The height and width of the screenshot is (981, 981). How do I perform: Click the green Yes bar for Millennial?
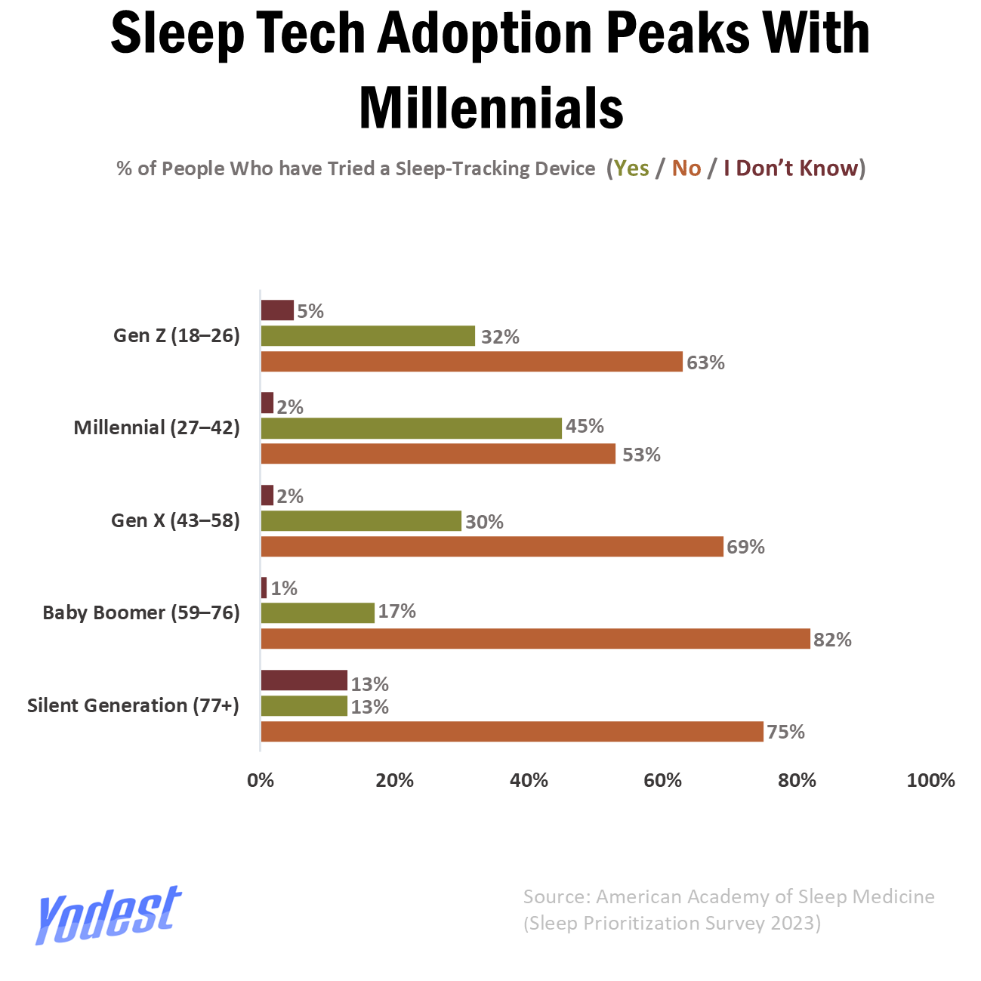(412, 428)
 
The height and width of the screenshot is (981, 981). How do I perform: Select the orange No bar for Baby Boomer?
(535, 638)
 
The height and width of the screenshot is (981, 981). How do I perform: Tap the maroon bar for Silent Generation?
(304, 680)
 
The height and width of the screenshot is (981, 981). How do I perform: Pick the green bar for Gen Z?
(368, 336)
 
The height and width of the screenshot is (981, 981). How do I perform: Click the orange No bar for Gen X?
(492, 546)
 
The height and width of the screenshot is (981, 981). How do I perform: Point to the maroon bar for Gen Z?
(277, 310)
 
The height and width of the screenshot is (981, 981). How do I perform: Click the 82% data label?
(832, 640)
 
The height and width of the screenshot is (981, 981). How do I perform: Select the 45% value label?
(585, 426)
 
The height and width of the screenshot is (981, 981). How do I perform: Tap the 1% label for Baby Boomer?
(284, 588)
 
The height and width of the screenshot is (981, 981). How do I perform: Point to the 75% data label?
(786, 732)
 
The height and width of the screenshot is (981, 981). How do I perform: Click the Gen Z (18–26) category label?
(176, 336)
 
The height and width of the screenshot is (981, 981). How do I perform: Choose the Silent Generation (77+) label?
(134, 705)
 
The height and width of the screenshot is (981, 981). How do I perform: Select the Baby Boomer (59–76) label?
(141, 613)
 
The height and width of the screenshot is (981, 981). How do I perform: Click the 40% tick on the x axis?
(529, 780)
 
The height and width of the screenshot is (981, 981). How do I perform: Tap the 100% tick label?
(930, 780)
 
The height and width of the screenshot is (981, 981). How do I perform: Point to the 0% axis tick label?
(260, 780)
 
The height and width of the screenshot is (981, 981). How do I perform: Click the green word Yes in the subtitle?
(631, 168)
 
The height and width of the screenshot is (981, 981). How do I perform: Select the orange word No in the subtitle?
(686, 168)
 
